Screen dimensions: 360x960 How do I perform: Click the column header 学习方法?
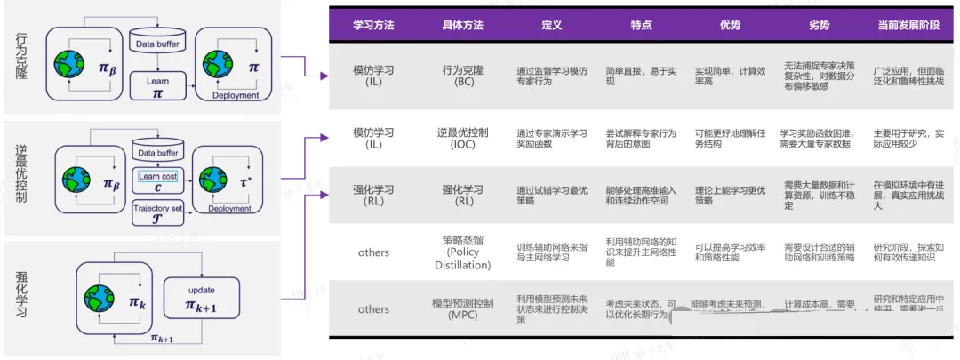point(374,26)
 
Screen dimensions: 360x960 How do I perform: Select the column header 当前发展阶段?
point(903,26)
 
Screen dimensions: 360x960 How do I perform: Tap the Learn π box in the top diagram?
point(157,86)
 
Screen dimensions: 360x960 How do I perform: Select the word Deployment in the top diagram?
point(236,95)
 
